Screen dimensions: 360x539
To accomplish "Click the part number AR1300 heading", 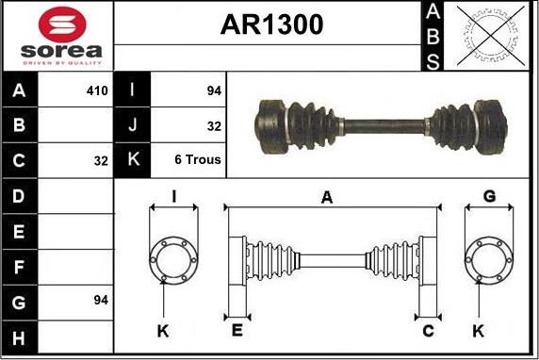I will pos(271,25).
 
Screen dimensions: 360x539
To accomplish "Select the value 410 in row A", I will pos(97,90).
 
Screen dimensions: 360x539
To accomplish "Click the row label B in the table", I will pos(20,124).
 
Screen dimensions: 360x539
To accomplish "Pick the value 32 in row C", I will pos(101,160).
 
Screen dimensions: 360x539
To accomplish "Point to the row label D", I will pos(20,195).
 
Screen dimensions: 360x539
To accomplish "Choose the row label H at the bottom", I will pos(20,335).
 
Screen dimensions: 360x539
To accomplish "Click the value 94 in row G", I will pos(101,300).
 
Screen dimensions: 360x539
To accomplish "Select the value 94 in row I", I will pos(213,90).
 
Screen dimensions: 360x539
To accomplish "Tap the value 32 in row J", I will pos(213,124).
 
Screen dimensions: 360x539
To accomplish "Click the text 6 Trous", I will pos(198,159).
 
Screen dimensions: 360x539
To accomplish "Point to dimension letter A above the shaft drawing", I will pos(327,197).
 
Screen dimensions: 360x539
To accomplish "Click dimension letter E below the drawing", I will pos(237,330).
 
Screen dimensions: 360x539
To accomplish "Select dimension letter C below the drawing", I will pos(427,330).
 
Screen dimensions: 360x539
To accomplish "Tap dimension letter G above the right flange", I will pos(489,196).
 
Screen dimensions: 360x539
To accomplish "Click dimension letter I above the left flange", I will pos(173,196).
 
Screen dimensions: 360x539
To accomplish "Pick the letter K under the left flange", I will pos(162,330).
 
